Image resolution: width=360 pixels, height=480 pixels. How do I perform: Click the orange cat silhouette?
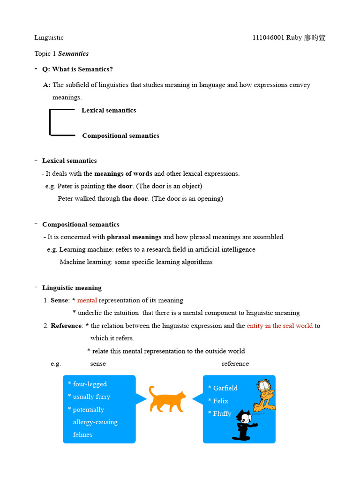(167, 399)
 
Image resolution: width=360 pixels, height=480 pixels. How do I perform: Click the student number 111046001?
(268, 38)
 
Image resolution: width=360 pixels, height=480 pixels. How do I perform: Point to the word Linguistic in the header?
(49, 38)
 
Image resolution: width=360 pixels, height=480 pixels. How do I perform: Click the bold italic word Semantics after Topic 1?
(73, 54)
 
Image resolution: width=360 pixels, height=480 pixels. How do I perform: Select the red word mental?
(87, 300)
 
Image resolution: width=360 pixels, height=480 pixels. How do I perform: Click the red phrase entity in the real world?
(279, 326)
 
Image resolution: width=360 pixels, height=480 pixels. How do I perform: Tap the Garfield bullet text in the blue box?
(225, 388)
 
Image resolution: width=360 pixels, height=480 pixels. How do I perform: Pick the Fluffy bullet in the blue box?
(222, 413)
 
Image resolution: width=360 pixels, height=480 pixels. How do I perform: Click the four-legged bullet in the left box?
(90, 384)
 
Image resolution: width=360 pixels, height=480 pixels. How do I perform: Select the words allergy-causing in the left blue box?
(95, 422)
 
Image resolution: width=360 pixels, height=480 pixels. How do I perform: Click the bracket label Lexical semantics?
(109, 111)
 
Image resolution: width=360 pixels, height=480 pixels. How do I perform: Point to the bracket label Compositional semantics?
(120, 136)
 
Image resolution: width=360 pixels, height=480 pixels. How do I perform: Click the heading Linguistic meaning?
(72, 288)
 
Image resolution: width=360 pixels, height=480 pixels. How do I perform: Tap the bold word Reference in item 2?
(67, 326)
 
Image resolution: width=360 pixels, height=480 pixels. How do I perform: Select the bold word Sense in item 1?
(60, 300)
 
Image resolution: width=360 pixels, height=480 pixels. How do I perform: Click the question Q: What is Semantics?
(77, 69)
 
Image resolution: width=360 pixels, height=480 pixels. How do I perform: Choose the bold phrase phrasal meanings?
(134, 237)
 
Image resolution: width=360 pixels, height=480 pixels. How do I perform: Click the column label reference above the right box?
(235, 364)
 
